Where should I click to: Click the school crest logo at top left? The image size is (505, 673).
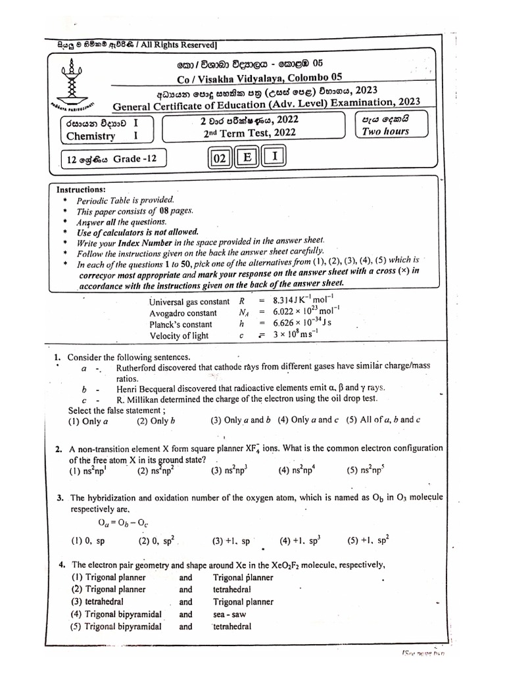[71, 81]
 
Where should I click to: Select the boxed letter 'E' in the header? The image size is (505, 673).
[247, 158]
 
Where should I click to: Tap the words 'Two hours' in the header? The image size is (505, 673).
[385, 131]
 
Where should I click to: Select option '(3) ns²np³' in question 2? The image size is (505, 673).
[230, 471]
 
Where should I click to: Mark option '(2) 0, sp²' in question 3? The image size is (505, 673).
[157, 541]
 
